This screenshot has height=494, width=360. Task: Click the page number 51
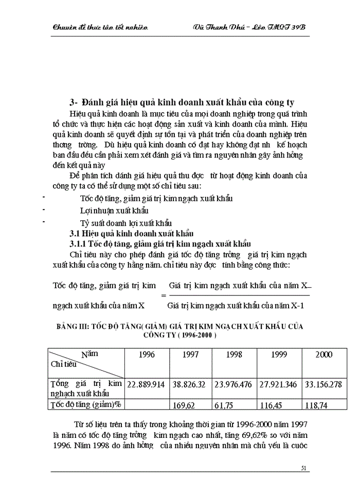[303, 468]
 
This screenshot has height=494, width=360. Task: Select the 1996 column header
[147, 355]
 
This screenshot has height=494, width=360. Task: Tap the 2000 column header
[324, 355]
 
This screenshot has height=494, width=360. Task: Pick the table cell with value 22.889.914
[146, 384]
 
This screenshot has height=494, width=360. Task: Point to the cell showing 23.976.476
[233, 384]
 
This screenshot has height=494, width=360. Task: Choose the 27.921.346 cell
[278, 384]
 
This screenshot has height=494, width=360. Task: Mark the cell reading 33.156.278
[324, 384]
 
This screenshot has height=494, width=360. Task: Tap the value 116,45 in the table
[276, 404]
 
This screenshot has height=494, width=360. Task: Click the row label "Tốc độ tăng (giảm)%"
[85, 404]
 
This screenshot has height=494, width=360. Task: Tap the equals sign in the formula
[164, 295]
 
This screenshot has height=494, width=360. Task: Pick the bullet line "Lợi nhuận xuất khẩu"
[114, 210]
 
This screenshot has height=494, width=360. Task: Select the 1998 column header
[234, 355]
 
